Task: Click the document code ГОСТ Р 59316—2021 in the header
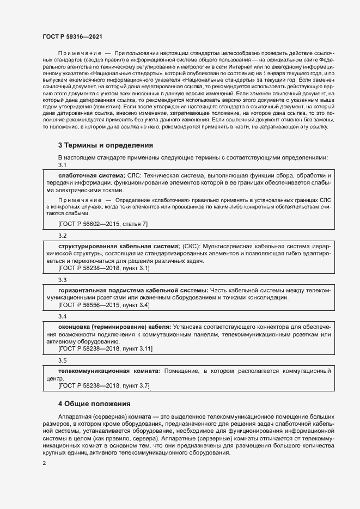(73, 35)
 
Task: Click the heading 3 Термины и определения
(105, 145)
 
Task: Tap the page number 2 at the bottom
(44, 463)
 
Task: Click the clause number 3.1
(62, 165)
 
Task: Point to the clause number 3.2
(62, 236)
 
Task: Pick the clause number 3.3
(62, 279)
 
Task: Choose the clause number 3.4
(62, 316)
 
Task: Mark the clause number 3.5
(62, 360)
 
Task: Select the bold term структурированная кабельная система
(118, 246)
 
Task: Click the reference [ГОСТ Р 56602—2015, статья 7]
(102, 224)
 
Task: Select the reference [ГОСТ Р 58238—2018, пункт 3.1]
(103, 268)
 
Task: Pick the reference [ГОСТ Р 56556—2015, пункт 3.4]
(103, 305)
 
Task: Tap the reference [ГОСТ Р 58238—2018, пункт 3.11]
(105, 348)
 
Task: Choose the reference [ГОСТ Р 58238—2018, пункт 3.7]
(103, 385)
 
